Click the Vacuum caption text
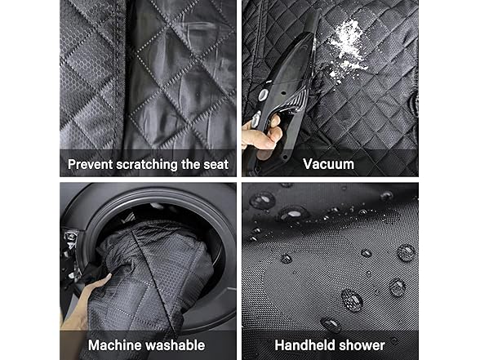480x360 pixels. click(x=328, y=164)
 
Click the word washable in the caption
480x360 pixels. click(x=174, y=345)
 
